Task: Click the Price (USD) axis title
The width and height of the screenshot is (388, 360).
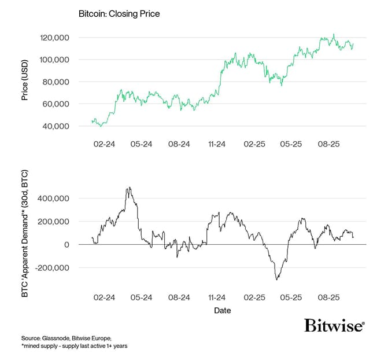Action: pyautogui.click(x=25, y=82)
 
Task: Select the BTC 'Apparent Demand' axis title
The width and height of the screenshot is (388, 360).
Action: pyautogui.click(x=25, y=240)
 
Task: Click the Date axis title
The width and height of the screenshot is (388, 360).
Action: pyautogui.click(x=223, y=311)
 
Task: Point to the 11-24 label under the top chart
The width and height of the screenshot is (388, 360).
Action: pyautogui.click(x=216, y=144)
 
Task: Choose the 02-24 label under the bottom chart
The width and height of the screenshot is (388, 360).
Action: pyautogui.click(x=104, y=297)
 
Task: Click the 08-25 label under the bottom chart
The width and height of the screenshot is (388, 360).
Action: pyautogui.click(x=329, y=297)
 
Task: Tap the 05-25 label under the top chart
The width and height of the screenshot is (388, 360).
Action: pyautogui.click(x=291, y=144)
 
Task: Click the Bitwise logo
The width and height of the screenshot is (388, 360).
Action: pyautogui.click(x=334, y=325)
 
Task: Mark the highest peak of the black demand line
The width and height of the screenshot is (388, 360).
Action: pyautogui.click(x=129, y=188)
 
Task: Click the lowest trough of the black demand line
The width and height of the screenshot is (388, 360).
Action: pyautogui.click(x=277, y=280)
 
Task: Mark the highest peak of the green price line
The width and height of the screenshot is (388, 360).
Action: pyautogui.click(x=334, y=34)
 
